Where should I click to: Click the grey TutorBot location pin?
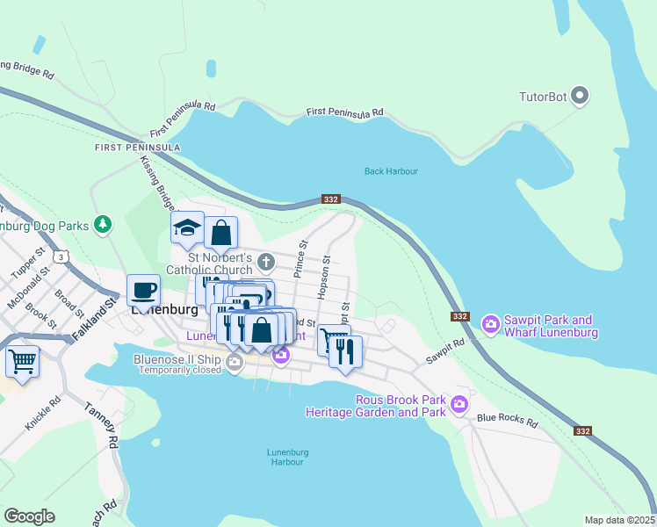click(x=580, y=95)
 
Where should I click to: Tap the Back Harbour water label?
click(x=391, y=171)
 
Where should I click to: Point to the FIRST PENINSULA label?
click(x=138, y=148)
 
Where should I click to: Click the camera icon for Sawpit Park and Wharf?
click(x=491, y=326)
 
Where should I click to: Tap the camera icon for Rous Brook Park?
click(x=458, y=404)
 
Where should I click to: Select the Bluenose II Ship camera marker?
click(x=234, y=362)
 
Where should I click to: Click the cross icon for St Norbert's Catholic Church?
click(x=266, y=262)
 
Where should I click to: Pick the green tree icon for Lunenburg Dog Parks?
click(x=104, y=225)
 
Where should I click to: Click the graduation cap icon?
click(x=187, y=228)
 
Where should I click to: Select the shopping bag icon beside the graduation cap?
click(x=221, y=234)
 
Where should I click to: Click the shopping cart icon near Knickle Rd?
click(x=22, y=360)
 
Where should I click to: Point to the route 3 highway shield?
click(x=60, y=256)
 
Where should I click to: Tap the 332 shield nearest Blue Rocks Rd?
click(x=583, y=430)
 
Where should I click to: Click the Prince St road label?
click(x=302, y=260)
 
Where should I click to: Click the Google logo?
click(x=30, y=516)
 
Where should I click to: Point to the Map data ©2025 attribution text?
click(x=619, y=520)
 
